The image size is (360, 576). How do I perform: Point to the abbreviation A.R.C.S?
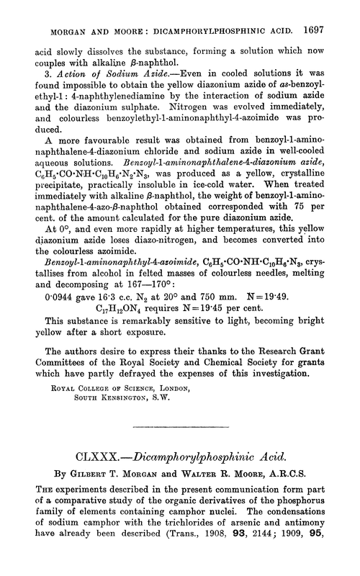(302, 475)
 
